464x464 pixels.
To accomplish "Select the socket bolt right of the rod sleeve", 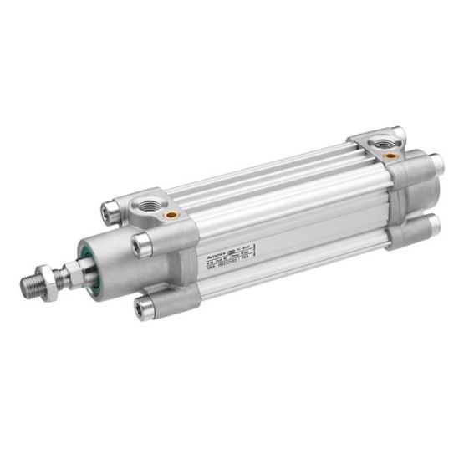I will (x=143, y=244).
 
